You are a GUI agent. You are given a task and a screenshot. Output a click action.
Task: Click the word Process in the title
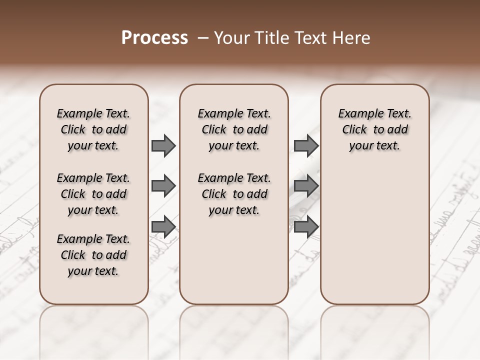point(154,38)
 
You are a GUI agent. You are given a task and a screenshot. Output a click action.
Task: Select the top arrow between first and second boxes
point(163,146)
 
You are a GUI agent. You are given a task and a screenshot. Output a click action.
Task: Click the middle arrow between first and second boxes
point(163,186)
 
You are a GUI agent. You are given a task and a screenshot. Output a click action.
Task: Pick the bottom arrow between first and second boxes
point(163,227)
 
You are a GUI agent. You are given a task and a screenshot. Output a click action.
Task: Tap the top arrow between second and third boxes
point(306,146)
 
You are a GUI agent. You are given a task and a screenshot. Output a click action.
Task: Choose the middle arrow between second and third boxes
point(306,186)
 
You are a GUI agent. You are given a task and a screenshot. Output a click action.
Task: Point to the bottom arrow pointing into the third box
point(306,227)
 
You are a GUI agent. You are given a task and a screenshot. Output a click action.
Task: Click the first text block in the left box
point(93,129)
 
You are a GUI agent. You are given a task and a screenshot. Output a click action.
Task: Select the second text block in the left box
point(93,194)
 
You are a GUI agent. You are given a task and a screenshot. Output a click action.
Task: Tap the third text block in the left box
point(93,255)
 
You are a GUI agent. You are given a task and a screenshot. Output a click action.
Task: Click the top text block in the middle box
point(234,129)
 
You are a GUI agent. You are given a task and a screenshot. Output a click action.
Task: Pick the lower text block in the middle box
point(234,194)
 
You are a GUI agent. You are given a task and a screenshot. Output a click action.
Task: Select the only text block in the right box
point(374,129)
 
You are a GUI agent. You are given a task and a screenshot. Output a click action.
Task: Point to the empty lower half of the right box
point(374,235)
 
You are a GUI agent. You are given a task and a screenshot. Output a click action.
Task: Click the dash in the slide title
point(203,38)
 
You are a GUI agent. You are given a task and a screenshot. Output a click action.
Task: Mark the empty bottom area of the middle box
point(234,265)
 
